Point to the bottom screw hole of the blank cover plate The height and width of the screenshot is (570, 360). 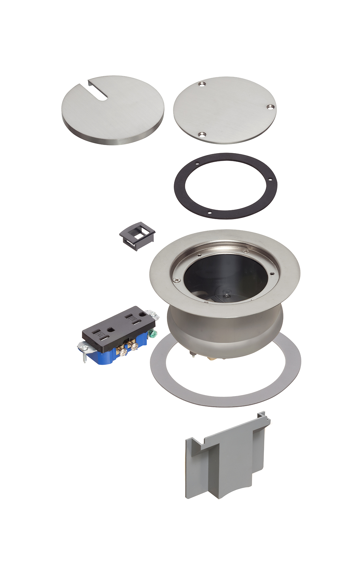tap(202, 135)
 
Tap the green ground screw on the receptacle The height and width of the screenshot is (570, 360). tap(153, 334)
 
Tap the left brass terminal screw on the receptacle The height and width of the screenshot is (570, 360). tap(123, 352)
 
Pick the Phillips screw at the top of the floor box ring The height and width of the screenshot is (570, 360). tap(245, 252)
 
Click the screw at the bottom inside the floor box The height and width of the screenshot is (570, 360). tap(225, 295)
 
